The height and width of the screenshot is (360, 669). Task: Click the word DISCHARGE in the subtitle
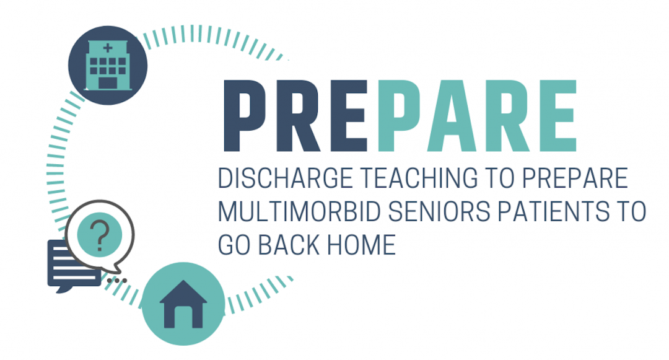click(286, 178)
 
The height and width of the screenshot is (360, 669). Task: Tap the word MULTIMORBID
click(299, 211)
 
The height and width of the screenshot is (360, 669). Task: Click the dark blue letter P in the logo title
click(245, 116)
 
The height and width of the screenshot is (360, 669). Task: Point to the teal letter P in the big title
click(400, 116)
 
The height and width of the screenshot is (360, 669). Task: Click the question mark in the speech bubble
click(100, 235)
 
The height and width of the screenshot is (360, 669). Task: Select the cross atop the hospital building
click(108, 47)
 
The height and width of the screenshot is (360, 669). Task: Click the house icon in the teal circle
click(183, 304)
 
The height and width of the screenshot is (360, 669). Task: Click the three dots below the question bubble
click(117, 281)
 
